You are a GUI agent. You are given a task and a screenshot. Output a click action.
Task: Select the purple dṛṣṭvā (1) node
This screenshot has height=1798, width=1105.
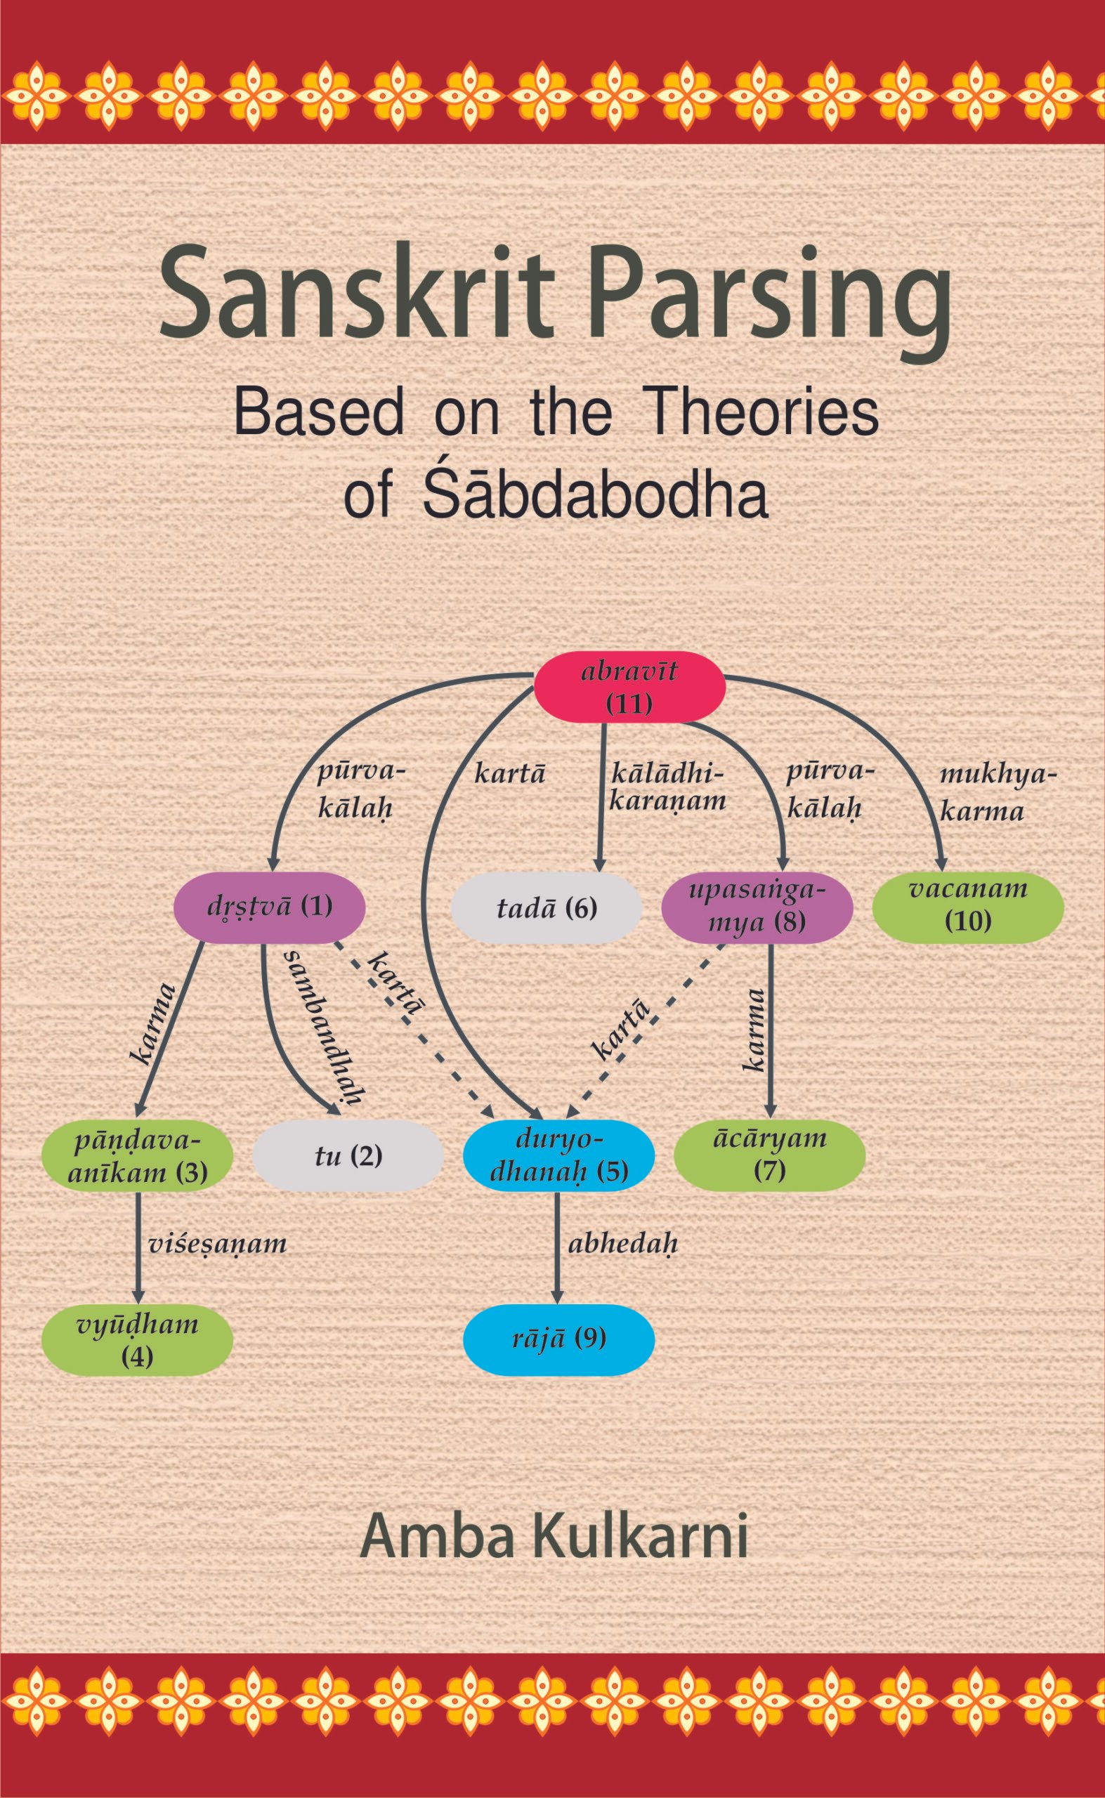click(269, 907)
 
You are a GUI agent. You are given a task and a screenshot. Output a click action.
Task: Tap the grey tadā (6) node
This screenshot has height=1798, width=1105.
click(546, 908)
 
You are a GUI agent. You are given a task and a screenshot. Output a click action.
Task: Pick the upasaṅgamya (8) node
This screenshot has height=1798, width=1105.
click(757, 907)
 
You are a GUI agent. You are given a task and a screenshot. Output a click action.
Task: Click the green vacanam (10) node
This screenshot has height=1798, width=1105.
click(967, 907)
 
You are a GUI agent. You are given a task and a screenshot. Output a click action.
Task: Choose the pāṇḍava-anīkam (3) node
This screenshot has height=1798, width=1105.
click(138, 1156)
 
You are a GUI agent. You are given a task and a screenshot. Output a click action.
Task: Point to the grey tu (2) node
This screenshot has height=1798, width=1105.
click(348, 1157)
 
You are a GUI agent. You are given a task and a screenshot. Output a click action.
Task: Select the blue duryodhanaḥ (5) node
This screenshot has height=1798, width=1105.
click(558, 1156)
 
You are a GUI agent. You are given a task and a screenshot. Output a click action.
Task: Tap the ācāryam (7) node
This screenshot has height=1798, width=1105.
click(769, 1156)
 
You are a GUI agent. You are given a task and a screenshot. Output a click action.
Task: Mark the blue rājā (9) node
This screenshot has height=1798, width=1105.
click(558, 1340)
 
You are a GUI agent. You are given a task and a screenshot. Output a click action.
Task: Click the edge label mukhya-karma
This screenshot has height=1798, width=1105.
click(997, 793)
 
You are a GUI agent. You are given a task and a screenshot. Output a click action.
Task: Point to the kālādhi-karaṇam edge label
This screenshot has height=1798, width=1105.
click(667, 787)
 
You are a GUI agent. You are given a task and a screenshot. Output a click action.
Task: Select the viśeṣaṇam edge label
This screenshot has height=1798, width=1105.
click(217, 1245)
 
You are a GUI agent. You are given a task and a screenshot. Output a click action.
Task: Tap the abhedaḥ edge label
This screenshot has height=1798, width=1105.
click(622, 1245)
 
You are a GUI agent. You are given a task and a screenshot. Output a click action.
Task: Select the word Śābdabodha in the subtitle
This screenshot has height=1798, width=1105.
click(595, 495)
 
